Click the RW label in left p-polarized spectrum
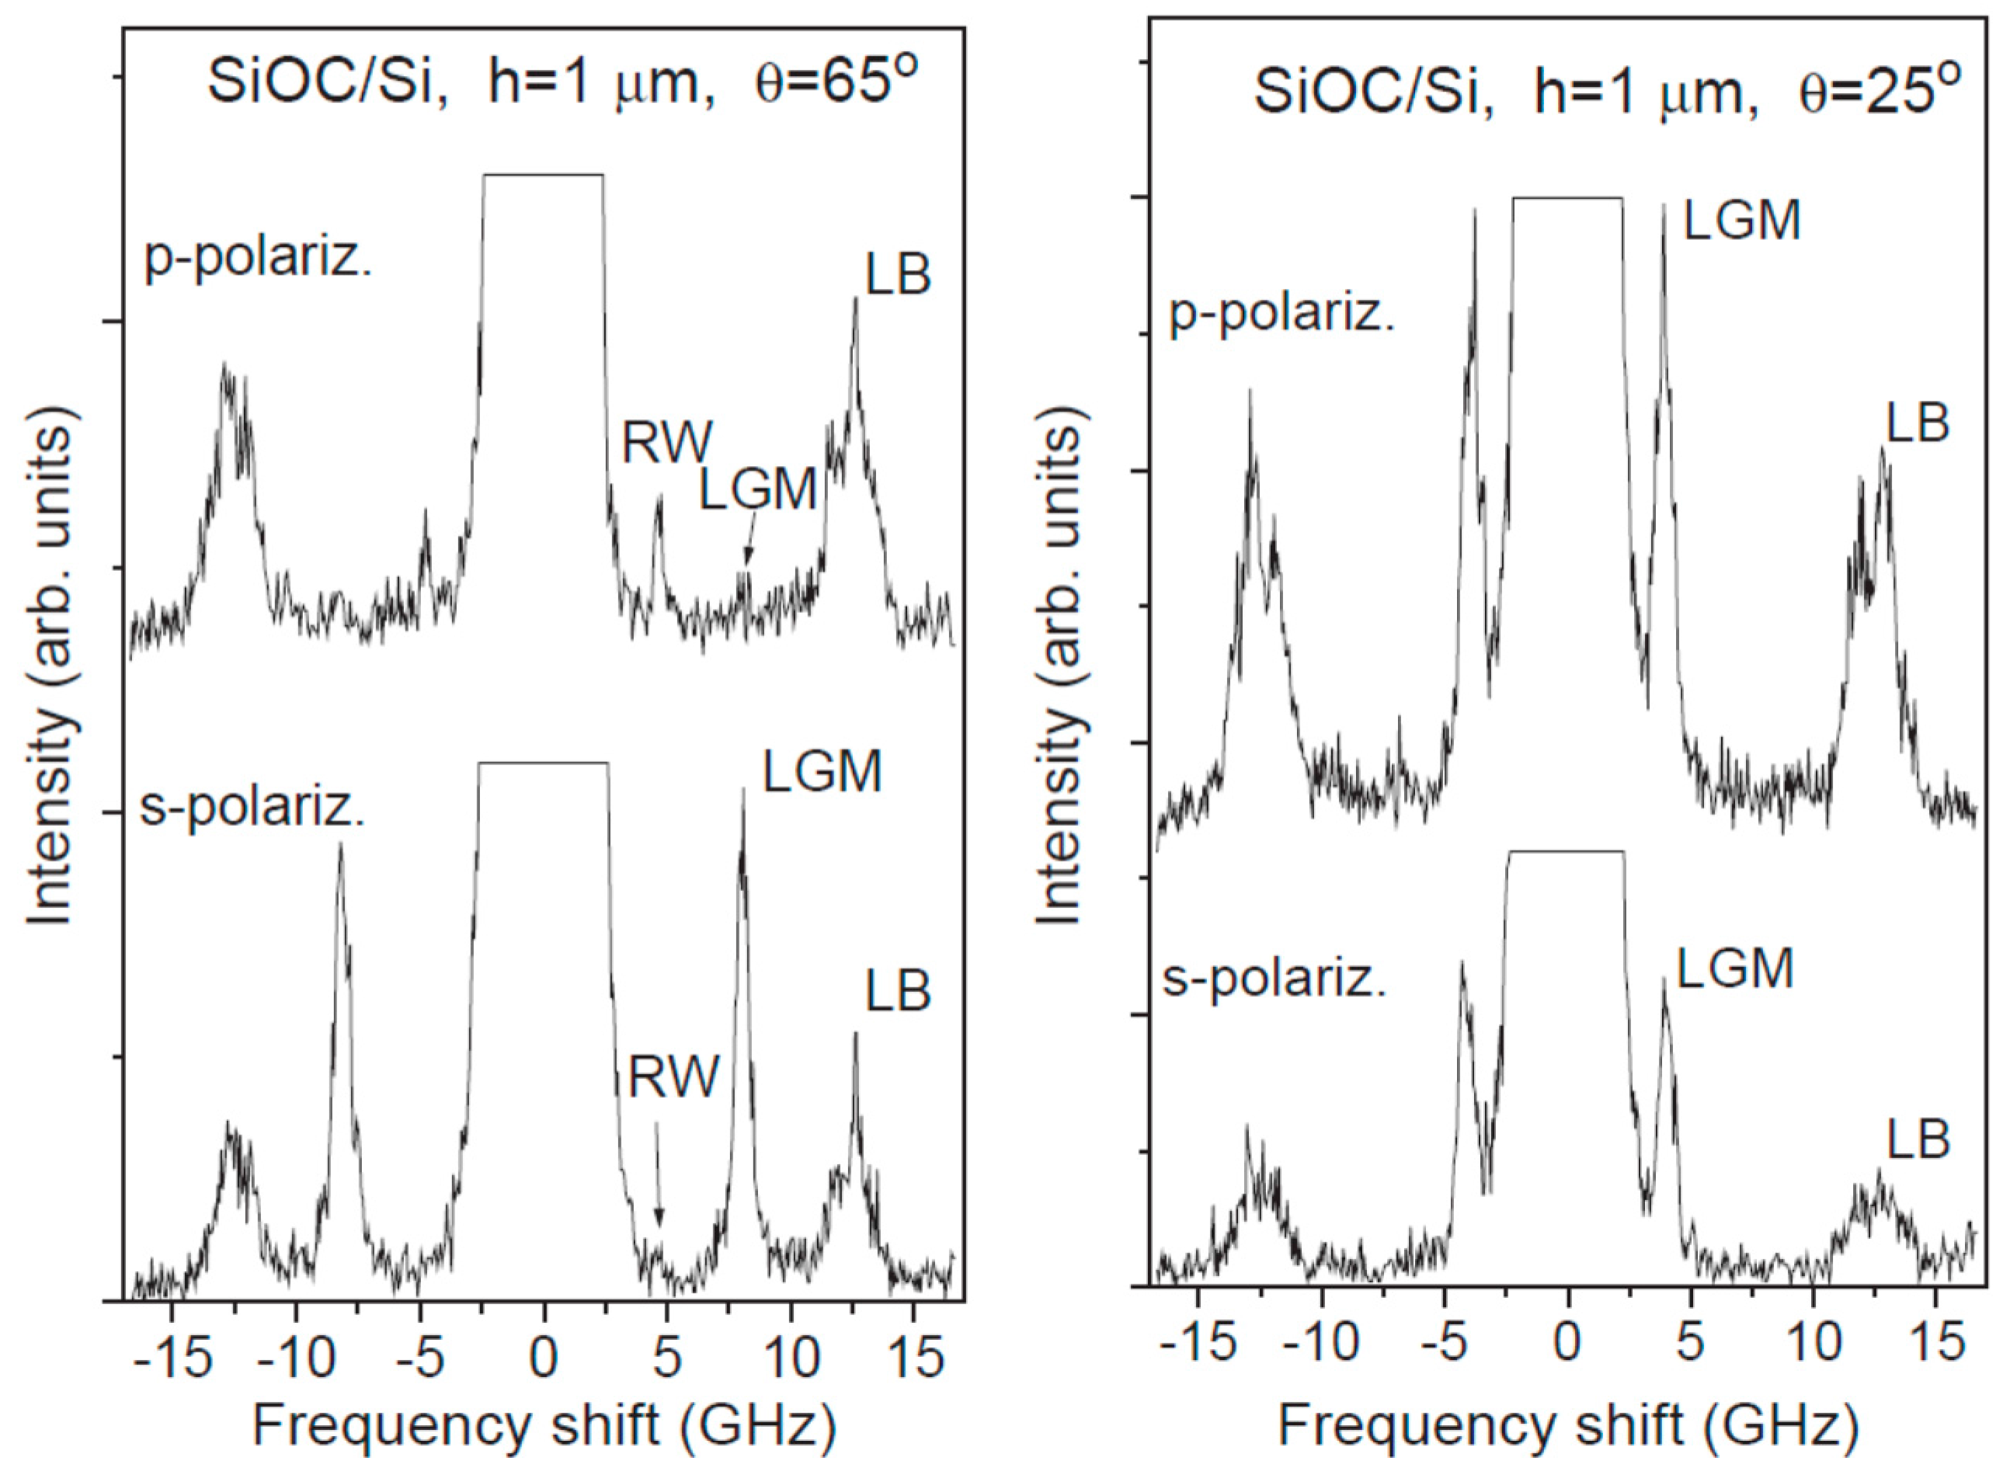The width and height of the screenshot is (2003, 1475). [668, 442]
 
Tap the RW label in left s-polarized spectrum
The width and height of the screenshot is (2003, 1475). [673, 1077]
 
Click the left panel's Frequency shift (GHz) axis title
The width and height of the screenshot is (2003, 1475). [544, 1426]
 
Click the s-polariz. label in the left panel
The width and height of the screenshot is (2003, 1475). [252, 810]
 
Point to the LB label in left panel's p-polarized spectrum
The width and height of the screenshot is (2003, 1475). [898, 274]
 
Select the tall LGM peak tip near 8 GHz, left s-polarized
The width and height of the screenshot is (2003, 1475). [742, 789]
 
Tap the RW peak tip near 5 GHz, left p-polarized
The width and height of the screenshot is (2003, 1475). [659, 496]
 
